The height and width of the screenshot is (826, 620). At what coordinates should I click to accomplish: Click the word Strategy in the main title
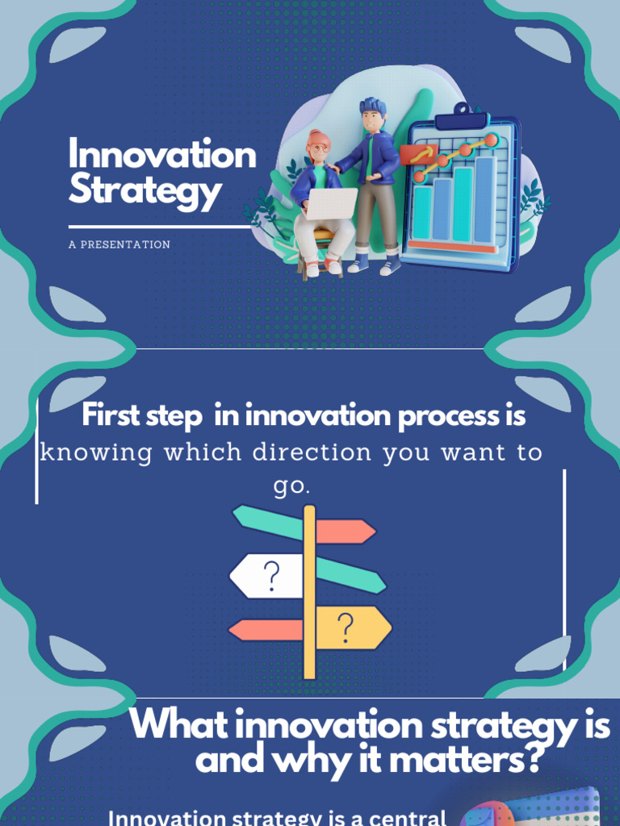point(145,192)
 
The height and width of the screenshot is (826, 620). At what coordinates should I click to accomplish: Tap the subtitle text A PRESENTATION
point(119,244)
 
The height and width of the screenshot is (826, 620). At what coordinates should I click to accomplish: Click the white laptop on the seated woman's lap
point(332,204)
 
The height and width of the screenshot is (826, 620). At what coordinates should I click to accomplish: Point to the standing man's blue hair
point(373,106)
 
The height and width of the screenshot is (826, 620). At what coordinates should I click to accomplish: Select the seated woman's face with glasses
point(319,148)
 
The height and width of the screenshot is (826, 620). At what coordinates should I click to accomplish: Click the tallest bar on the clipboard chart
point(484,199)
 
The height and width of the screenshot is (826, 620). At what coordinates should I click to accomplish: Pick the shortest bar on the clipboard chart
point(422,213)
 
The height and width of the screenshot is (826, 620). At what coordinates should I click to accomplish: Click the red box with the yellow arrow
point(418,153)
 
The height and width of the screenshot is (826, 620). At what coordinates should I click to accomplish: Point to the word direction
point(314,453)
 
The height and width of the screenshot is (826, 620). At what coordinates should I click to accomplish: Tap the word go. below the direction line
point(291,487)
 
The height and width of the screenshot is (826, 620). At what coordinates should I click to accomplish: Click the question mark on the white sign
point(271,576)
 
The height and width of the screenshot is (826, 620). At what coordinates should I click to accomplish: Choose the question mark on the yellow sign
point(346,625)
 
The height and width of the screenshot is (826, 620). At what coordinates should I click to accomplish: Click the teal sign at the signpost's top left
point(267,522)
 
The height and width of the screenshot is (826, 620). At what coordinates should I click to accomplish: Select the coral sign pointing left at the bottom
point(266,630)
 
